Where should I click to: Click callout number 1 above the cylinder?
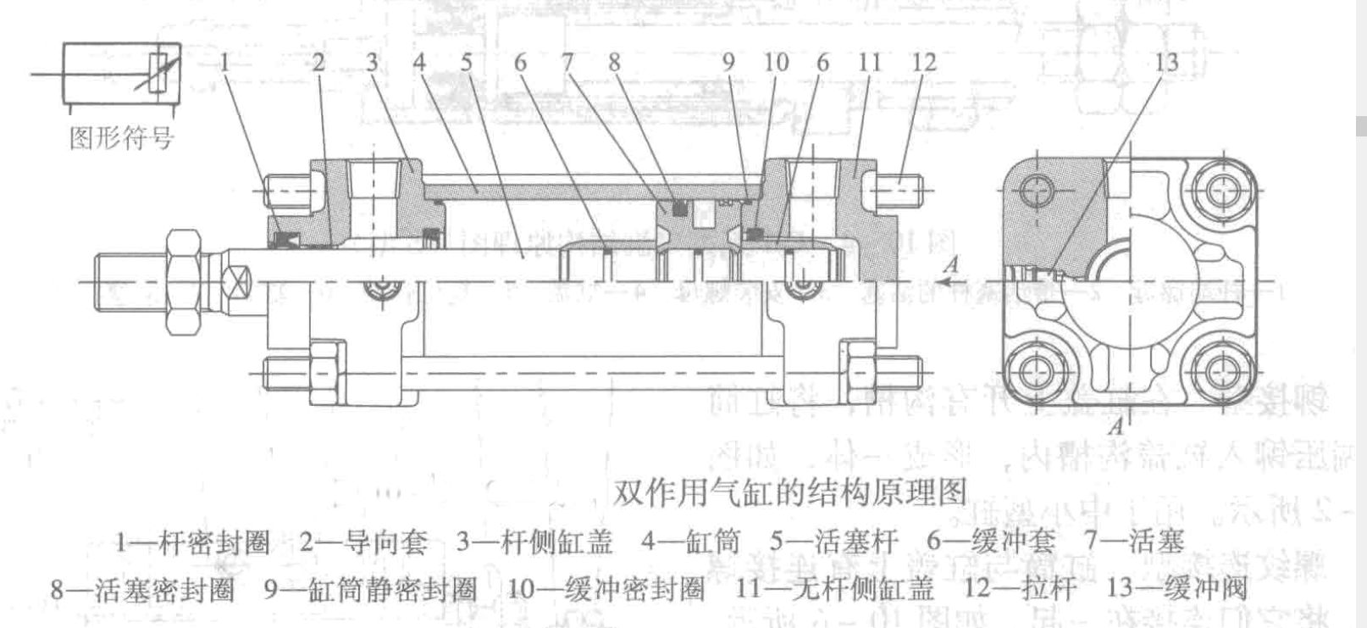click(x=225, y=62)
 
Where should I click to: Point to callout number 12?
click(x=924, y=62)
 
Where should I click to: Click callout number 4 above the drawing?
click(x=419, y=62)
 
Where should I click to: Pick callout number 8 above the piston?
click(x=614, y=62)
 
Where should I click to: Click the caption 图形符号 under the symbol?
click(x=121, y=137)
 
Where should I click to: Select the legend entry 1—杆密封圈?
click(x=192, y=542)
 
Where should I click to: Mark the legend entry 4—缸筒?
click(x=690, y=542)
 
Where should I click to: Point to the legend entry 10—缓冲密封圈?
click(x=606, y=588)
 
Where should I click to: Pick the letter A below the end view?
click(x=1116, y=425)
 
